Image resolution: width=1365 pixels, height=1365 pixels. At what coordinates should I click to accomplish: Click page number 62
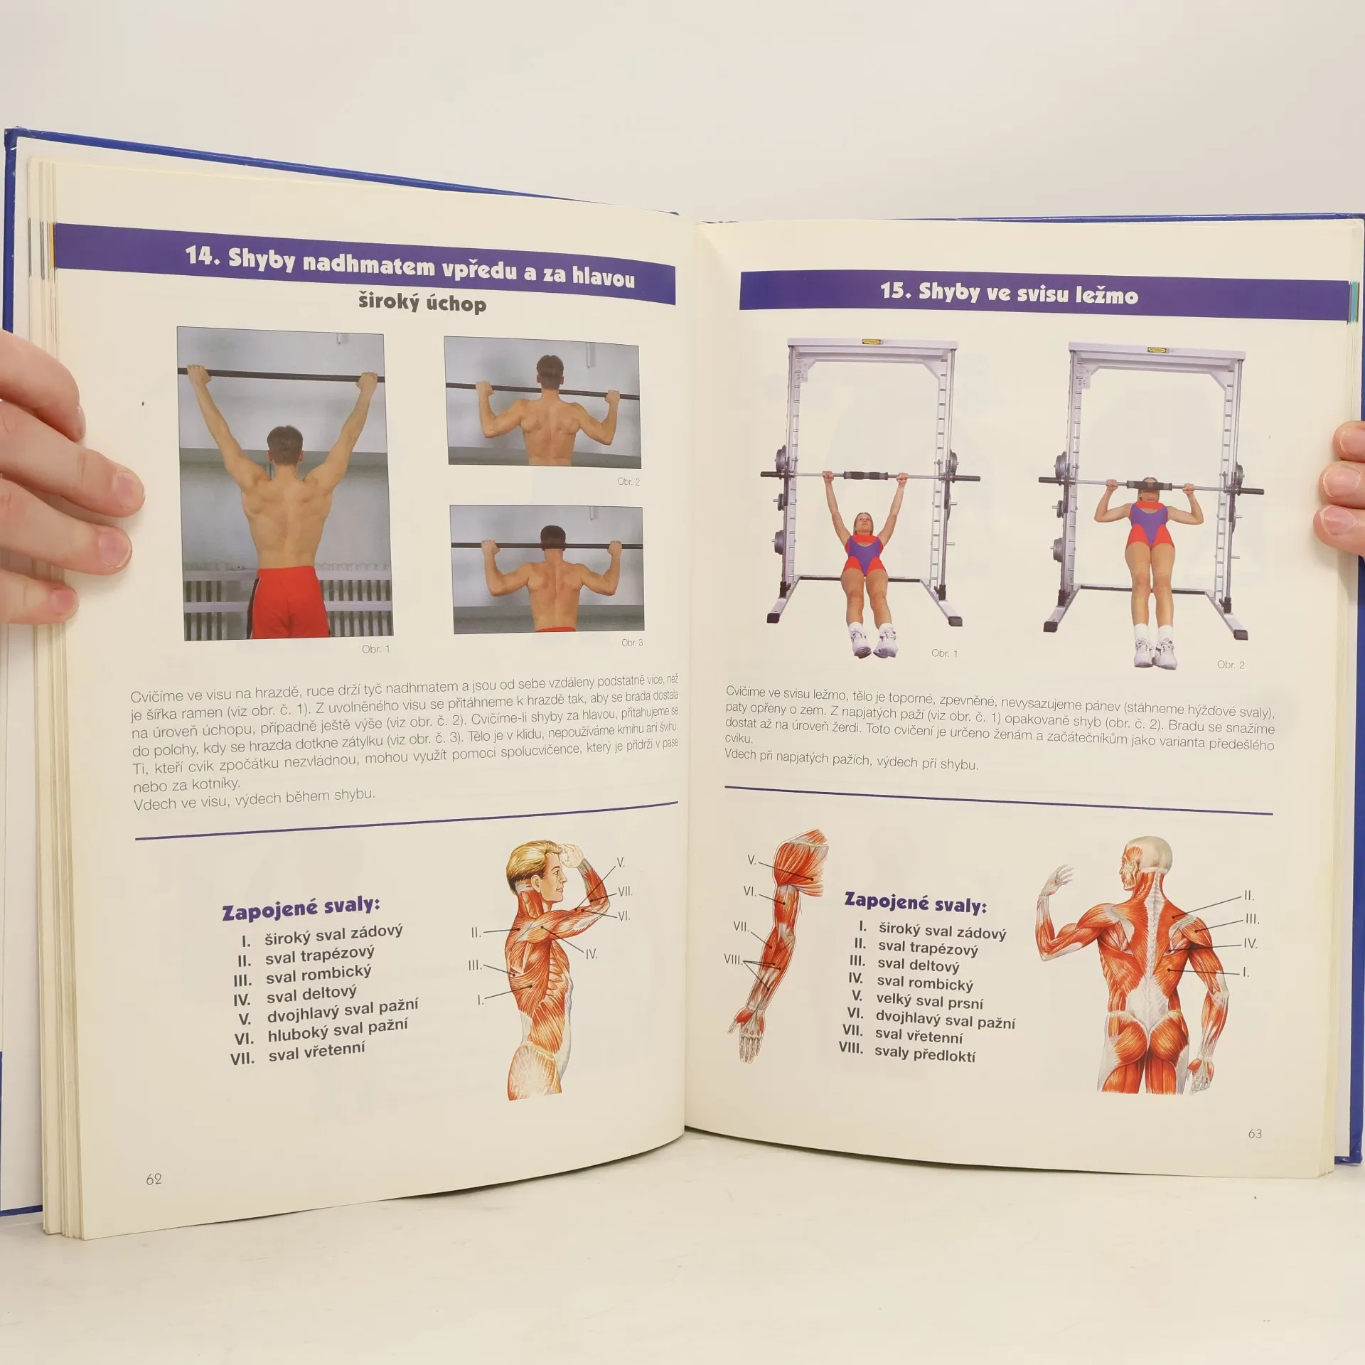(x=154, y=1179)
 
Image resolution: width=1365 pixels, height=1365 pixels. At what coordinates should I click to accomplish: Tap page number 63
(x=1255, y=1134)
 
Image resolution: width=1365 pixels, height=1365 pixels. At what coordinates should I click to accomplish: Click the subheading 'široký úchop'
(x=422, y=303)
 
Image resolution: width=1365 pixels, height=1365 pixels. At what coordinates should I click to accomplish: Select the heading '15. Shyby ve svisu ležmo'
(x=1009, y=292)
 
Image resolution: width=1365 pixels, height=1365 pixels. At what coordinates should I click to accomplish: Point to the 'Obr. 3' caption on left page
(x=632, y=643)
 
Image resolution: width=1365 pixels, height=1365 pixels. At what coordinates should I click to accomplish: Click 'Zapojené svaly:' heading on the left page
(x=301, y=908)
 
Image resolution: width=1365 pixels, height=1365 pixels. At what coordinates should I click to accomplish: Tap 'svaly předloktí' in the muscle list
(x=924, y=1054)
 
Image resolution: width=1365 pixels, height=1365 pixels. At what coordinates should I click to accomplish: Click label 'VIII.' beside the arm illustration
(x=733, y=959)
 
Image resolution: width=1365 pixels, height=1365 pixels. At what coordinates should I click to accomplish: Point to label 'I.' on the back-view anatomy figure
(x=1246, y=972)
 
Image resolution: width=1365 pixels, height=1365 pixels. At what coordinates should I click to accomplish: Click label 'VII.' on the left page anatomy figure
(x=625, y=891)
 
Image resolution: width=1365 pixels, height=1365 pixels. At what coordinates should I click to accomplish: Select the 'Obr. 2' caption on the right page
(x=1231, y=665)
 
